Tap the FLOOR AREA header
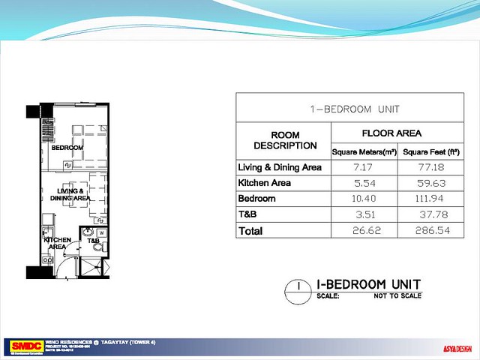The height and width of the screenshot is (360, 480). click(x=391, y=133)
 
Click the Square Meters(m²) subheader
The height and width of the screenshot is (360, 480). click(x=364, y=151)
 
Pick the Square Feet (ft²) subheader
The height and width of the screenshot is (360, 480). click(x=431, y=151)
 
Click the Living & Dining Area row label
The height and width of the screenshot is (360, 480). click(x=279, y=166)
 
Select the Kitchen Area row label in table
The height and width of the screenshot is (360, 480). click(x=264, y=182)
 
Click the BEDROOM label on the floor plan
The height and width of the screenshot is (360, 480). click(x=66, y=148)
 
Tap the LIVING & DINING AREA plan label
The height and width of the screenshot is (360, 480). click(x=70, y=196)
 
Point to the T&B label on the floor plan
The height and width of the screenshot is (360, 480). click(x=93, y=241)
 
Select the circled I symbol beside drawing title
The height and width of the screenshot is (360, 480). click(x=298, y=286)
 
